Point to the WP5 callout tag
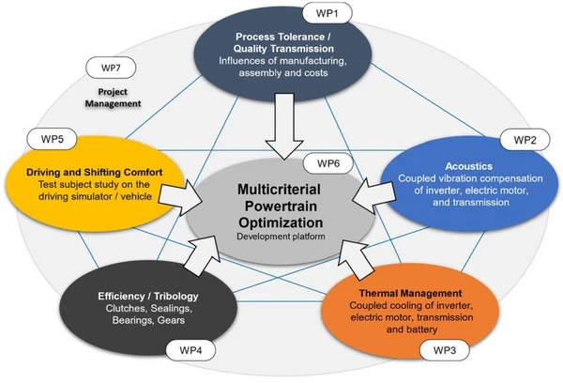click(x=50, y=138)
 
